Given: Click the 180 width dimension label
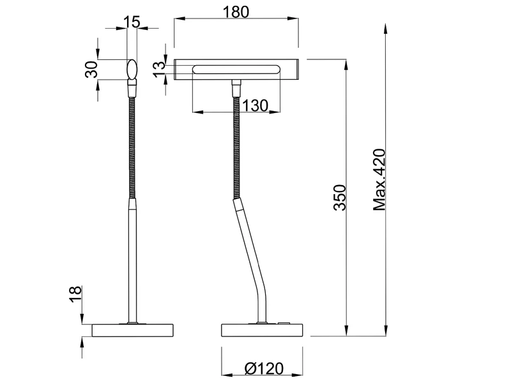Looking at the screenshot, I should [237, 12].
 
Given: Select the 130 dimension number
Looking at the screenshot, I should [255, 106].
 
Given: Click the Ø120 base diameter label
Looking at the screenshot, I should [264, 368].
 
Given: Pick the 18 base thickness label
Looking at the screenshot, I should [76, 294].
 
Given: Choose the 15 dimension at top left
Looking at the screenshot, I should [132, 22].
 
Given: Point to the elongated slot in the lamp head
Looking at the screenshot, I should [237, 69].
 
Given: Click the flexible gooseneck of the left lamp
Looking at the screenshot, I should [133, 147].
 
